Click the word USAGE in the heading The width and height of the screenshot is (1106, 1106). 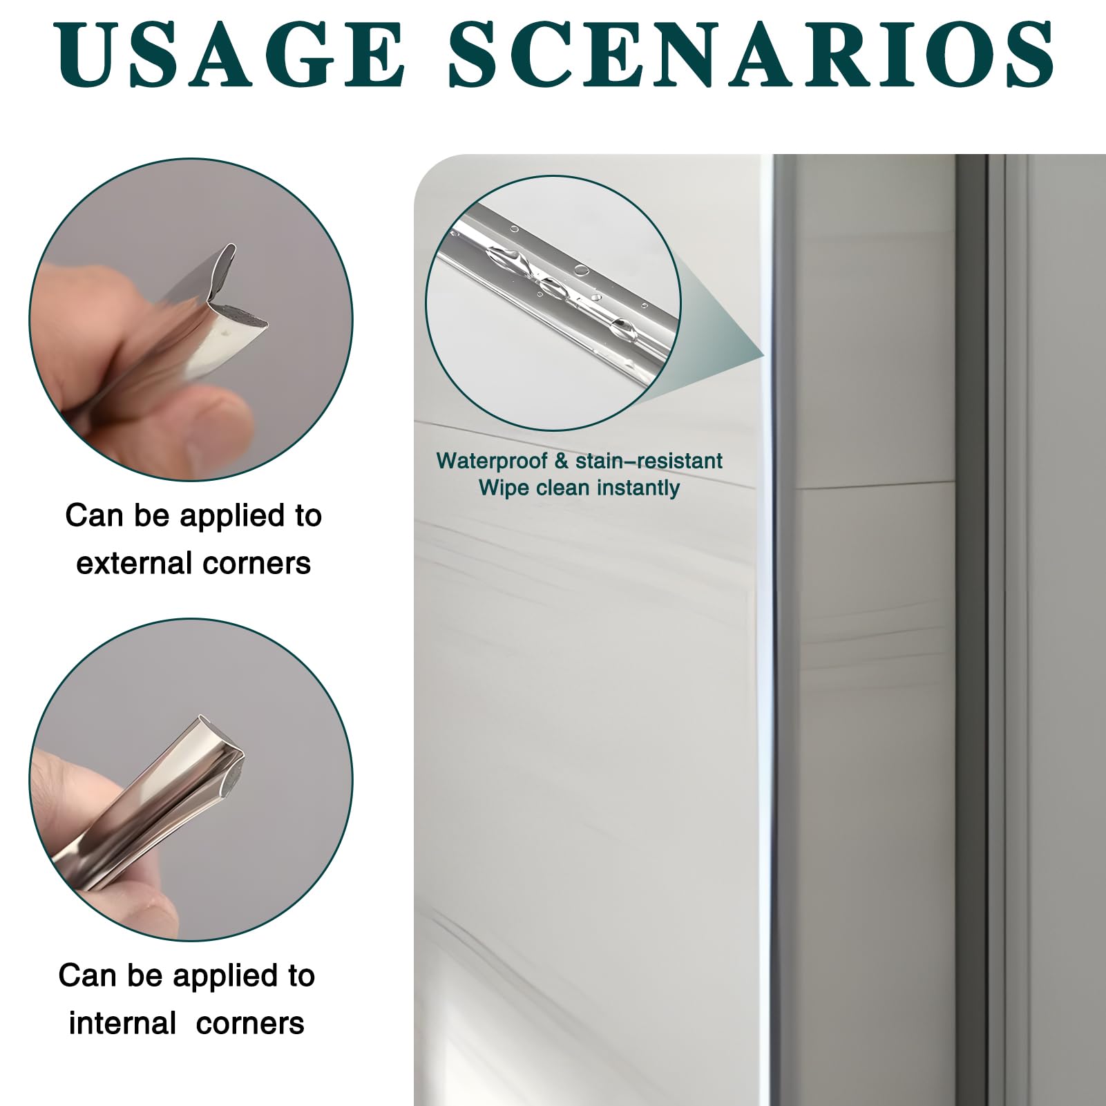click(x=231, y=54)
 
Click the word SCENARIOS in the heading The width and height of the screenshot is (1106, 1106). click(x=751, y=54)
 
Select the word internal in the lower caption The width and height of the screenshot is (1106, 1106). click(x=122, y=1023)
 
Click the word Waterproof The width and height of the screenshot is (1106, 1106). click(x=492, y=461)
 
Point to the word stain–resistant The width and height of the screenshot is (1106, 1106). click(x=649, y=461)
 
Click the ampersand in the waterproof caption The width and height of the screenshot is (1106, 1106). click(x=561, y=461)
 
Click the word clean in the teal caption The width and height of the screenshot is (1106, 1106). click(x=562, y=488)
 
